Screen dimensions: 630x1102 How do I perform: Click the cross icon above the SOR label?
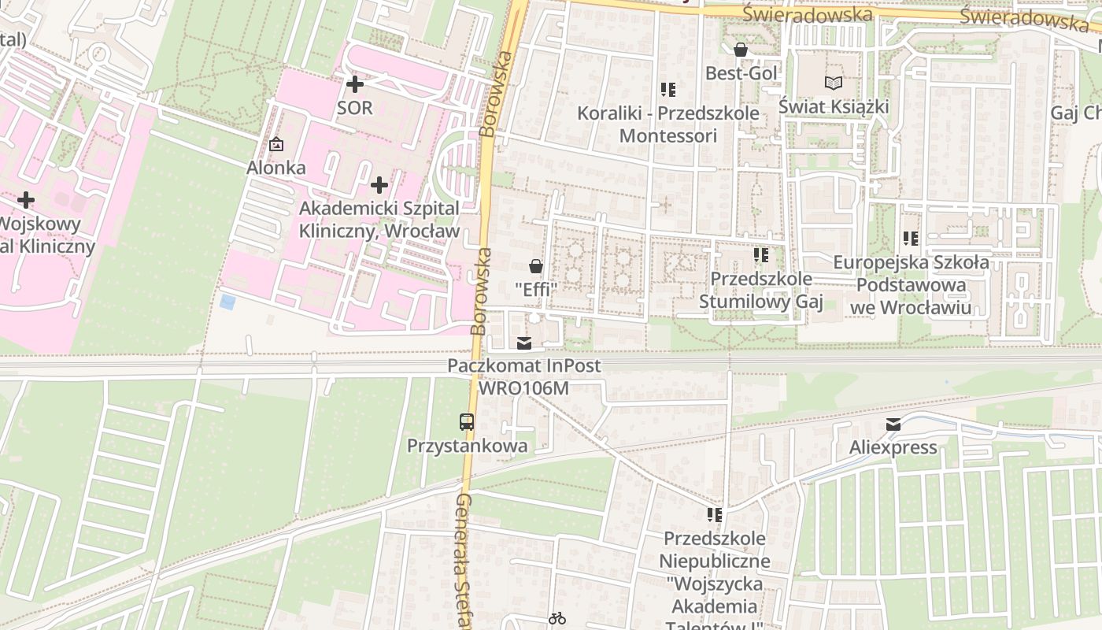point(355,83)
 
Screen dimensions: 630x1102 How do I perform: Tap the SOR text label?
point(354,108)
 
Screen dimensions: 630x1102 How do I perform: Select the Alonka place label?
point(276,168)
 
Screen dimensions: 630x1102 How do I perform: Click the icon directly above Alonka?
point(276,144)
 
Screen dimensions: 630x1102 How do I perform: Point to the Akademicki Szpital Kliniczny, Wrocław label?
point(379,220)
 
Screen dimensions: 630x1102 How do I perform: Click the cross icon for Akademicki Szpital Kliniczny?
point(379,185)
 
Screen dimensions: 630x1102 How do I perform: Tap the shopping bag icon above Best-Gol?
point(741,50)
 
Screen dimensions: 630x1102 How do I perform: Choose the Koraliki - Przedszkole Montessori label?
point(668,124)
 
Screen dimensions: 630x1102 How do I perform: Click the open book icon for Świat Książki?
point(833,83)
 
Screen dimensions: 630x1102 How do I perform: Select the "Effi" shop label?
point(536,289)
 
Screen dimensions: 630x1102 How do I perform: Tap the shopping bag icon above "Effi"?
point(536,266)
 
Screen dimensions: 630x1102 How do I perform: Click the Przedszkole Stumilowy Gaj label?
point(761,290)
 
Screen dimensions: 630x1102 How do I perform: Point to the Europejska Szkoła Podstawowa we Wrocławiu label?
point(911,284)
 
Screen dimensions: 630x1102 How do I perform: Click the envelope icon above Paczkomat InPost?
point(524,343)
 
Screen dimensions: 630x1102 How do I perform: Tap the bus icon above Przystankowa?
point(467,422)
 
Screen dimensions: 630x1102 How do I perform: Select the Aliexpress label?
point(893,447)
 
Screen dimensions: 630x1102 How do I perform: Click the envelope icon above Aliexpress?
point(893,425)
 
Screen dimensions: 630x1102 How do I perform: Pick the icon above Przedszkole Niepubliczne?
point(714,515)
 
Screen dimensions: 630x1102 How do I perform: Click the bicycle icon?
point(557,618)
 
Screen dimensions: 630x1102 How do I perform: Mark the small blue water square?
point(227,302)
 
